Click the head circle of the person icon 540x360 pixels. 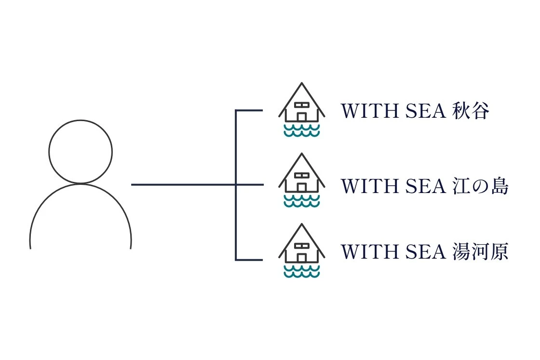pyautogui.click(x=81, y=120)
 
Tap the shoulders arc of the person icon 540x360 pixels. pyautogui.click(x=81, y=184)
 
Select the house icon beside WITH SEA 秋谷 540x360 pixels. pyautogui.click(x=302, y=110)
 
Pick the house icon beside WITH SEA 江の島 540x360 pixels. pyautogui.click(x=302, y=180)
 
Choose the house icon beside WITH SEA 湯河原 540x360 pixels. pyautogui.click(x=302, y=250)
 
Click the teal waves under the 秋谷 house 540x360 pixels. pyautogui.click(x=302, y=130)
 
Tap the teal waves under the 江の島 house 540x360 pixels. pyautogui.click(x=302, y=201)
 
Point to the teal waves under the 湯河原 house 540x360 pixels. pyautogui.click(x=302, y=271)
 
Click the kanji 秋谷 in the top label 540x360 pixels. pyautogui.click(x=471, y=111)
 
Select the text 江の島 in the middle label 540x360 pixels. pyautogui.click(x=480, y=186)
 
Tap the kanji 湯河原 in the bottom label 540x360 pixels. pyautogui.click(x=480, y=251)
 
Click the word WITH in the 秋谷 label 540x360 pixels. pyautogui.click(x=369, y=111)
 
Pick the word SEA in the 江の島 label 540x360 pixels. pyautogui.click(x=426, y=186)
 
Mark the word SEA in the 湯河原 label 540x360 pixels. pyautogui.click(x=426, y=252)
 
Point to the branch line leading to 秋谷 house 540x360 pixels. pyautogui.click(x=249, y=111)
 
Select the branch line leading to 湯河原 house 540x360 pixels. pyautogui.click(x=249, y=260)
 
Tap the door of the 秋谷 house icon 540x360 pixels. pyautogui.click(x=302, y=117)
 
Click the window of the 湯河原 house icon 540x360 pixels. pyautogui.click(x=302, y=246)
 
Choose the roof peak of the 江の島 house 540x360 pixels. pyautogui.click(x=302, y=153)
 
